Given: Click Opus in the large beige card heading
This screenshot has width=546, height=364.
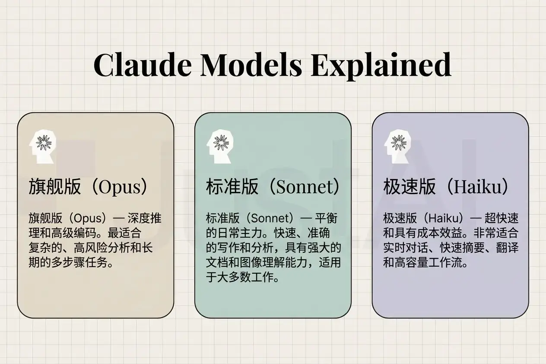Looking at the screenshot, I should [x=120, y=187].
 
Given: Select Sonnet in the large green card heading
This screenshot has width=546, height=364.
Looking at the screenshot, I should [x=302, y=187].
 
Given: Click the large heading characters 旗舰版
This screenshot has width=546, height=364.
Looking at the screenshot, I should [x=55, y=187].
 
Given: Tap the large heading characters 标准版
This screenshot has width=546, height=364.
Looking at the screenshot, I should [x=232, y=187].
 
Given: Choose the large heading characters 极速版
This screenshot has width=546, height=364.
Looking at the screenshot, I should [x=409, y=187].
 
